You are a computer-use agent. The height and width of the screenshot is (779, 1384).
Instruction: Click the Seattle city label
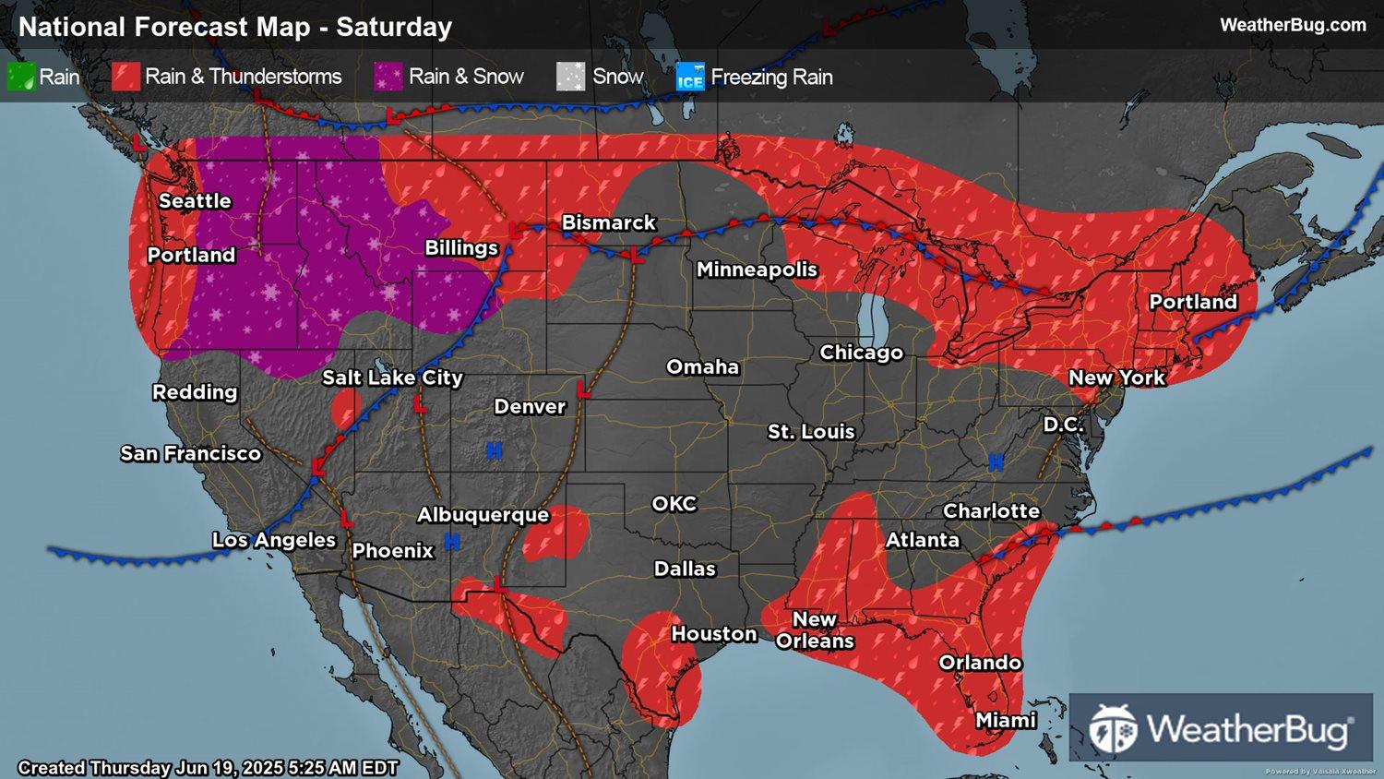point(195,201)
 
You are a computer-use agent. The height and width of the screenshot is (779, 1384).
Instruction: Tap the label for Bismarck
point(608,223)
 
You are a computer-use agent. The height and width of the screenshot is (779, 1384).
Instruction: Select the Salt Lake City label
point(392,378)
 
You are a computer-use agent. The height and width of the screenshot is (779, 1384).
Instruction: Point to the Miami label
point(1006,721)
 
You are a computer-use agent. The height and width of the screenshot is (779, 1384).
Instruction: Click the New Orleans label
point(815,630)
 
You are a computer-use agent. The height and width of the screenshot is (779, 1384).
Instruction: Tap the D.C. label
point(1063,425)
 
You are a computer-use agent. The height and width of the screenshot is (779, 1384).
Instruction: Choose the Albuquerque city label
point(483,515)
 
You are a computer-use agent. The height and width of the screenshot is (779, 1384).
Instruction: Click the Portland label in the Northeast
point(1192,303)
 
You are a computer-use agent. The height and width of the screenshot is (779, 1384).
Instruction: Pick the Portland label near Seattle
point(192,256)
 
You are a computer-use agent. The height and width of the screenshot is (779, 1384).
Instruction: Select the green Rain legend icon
point(21,77)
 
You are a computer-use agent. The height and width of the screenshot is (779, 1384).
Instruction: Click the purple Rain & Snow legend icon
point(388,77)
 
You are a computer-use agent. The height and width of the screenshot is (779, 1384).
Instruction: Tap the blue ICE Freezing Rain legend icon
point(690,78)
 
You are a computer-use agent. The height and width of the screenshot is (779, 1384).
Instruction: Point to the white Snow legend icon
point(570,77)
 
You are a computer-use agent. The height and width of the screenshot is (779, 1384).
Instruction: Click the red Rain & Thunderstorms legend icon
point(125,77)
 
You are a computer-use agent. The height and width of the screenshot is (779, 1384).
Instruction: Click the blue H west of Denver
point(495,450)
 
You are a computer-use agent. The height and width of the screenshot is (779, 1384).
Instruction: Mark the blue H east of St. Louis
point(996,461)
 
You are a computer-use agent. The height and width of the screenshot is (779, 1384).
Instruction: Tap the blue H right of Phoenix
point(452,542)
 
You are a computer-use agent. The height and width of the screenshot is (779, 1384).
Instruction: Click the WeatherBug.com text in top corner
point(1293,26)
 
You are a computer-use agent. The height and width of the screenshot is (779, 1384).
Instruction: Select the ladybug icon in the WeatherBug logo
point(1113,729)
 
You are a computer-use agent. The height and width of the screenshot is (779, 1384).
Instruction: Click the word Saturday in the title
point(394,27)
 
